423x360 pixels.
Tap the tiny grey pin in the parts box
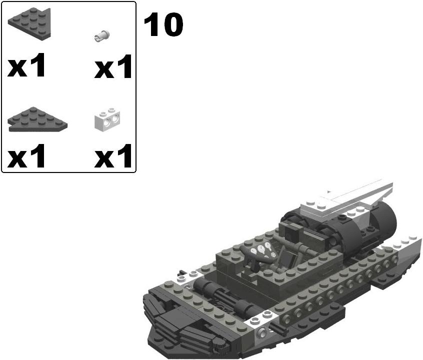pos(102,35)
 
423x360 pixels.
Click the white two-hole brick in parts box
pos(107,120)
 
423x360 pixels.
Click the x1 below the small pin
pos(113,67)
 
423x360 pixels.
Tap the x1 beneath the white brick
pos(113,156)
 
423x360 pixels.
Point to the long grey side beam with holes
pos(330,295)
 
